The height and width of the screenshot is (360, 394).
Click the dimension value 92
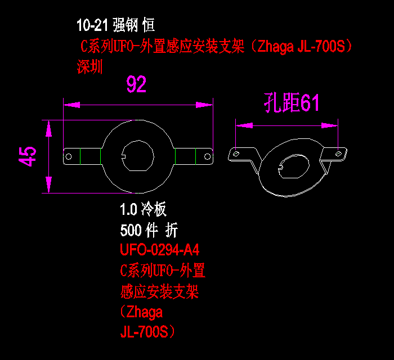tap(136, 84)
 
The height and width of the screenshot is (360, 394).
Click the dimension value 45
tap(28, 156)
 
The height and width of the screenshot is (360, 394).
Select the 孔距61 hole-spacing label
tap(292, 102)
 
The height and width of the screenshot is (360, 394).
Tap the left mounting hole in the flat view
tap(69, 156)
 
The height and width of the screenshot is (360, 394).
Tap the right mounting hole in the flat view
tap(207, 156)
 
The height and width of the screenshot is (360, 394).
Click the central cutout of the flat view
tap(138, 156)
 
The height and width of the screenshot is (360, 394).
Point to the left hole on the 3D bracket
tap(236, 154)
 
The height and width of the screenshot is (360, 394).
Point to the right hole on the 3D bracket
tap(339, 154)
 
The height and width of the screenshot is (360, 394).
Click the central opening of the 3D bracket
tap(294, 166)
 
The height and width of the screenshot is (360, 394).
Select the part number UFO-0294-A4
tap(160, 250)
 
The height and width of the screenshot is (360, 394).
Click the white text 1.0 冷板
tap(143, 209)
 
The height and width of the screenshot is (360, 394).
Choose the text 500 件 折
tap(149, 230)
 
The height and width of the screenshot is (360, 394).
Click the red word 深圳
tap(89, 67)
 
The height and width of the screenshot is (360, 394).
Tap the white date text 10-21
tap(92, 25)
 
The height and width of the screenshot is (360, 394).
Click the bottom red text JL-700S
tap(147, 332)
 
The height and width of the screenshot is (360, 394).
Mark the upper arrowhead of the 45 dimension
tap(49, 129)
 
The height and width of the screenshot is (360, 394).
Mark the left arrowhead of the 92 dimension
tap(72, 105)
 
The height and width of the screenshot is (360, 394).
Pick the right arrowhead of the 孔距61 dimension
tap(330, 125)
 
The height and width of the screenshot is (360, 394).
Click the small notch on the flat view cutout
tap(123, 156)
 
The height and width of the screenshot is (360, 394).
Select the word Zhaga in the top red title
tap(275, 47)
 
